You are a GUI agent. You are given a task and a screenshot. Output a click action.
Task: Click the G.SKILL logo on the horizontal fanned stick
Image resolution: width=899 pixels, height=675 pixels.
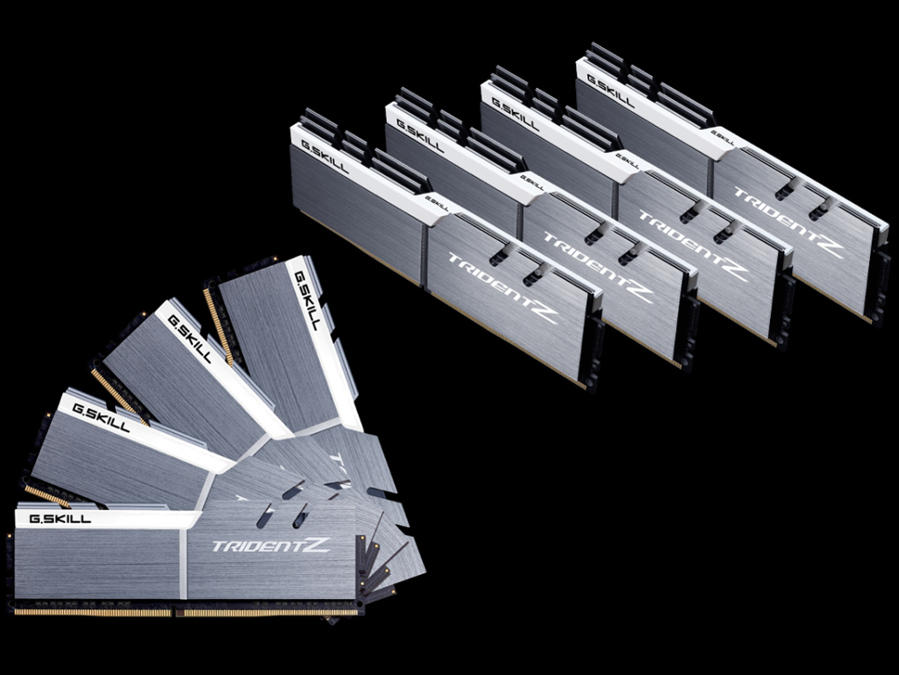tap(60, 518)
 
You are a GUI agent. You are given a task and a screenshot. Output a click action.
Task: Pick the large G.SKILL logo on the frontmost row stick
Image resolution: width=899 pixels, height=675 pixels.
tap(325, 154)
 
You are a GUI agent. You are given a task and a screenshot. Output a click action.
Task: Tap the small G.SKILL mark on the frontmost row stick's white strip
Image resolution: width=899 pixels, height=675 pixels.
tap(438, 204)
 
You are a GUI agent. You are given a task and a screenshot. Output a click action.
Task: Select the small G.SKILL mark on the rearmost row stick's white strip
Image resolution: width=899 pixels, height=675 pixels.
tap(723, 136)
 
